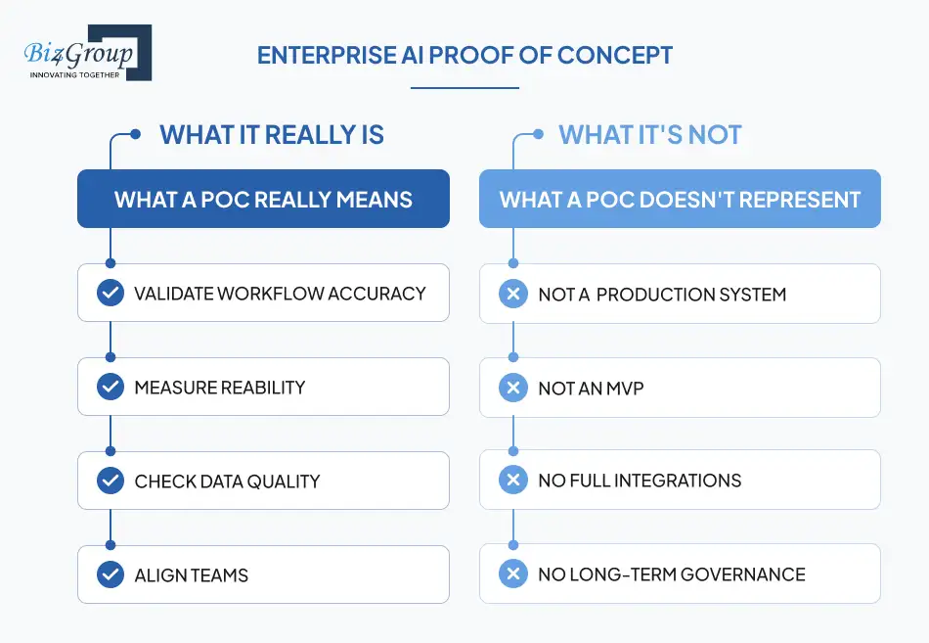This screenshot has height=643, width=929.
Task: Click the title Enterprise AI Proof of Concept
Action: point(464,55)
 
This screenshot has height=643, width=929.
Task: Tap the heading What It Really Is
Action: point(272,135)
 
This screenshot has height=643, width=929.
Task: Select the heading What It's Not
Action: point(650,135)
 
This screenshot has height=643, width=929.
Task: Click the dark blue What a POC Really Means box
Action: point(263,200)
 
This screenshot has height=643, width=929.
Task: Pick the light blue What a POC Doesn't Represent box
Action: point(680,200)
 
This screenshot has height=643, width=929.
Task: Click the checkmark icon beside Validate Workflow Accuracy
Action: point(111,293)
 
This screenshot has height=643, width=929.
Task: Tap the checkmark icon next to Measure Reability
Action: point(111,387)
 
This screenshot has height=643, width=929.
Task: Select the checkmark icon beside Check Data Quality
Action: point(111,481)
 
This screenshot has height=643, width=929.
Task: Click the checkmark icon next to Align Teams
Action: point(111,574)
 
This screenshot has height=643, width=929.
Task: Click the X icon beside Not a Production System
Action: point(512,293)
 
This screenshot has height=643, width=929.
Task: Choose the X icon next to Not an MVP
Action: point(512,388)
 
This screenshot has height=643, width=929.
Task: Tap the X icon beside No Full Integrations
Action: point(512,481)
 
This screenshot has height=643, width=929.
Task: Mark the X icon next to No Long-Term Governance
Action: point(512,574)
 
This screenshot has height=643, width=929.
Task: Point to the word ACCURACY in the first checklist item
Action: point(377,294)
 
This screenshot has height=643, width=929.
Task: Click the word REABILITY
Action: point(257,388)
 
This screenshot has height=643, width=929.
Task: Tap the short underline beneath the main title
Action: point(464,88)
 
